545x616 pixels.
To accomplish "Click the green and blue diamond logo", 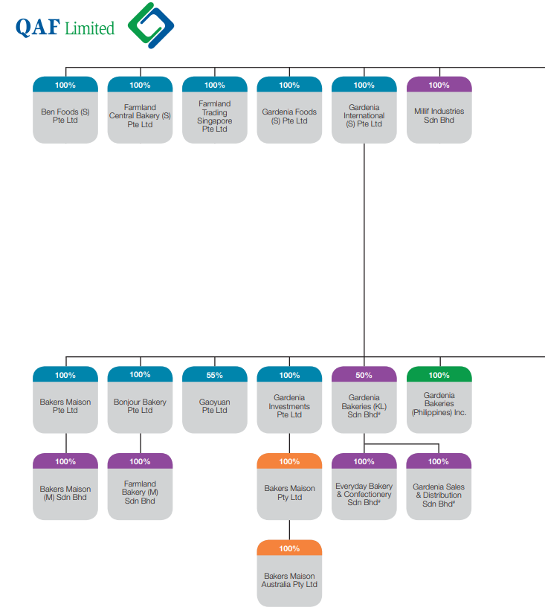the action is pyautogui.click(x=151, y=25).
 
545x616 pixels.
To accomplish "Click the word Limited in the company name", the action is pyautogui.click(x=89, y=28).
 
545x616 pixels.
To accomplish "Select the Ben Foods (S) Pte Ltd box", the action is pyautogui.click(x=65, y=110).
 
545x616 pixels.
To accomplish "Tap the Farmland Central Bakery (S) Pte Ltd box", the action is pyautogui.click(x=141, y=110).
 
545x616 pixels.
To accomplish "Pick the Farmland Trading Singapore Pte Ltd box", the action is pyautogui.click(x=215, y=110).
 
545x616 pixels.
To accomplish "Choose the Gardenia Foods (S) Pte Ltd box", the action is pyautogui.click(x=289, y=110).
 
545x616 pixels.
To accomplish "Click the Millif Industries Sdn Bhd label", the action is pyautogui.click(x=439, y=115).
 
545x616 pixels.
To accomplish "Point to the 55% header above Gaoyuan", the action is pyautogui.click(x=215, y=374).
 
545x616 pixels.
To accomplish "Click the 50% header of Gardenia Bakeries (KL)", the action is pyautogui.click(x=364, y=374).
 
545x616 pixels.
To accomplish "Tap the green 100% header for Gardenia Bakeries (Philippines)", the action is pyautogui.click(x=439, y=374).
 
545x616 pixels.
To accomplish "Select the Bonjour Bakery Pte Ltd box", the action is pyautogui.click(x=141, y=400).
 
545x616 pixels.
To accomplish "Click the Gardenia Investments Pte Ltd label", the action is pyautogui.click(x=289, y=405).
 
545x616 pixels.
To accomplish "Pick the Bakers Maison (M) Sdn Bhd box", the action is pyautogui.click(x=65, y=487).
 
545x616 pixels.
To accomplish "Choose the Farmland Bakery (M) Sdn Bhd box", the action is pyautogui.click(x=141, y=487).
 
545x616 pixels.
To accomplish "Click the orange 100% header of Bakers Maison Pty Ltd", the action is pyautogui.click(x=289, y=461).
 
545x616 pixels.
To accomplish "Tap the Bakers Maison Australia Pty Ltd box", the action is pyautogui.click(x=289, y=574).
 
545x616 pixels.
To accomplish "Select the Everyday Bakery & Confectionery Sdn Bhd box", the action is pyautogui.click(x=364, y=487).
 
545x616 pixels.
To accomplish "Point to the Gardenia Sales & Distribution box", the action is pyautogui.click(x=439, y=487).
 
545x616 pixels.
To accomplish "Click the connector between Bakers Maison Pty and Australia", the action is pyautogui.click(x=289, y=530).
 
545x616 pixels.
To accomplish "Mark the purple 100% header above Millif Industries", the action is pyautogui.click(x=439, y=85).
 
